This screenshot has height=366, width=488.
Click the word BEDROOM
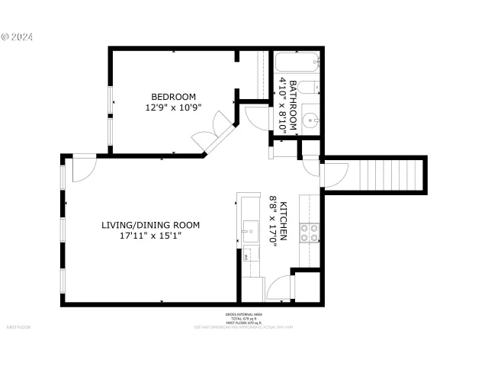(x=173, y=96)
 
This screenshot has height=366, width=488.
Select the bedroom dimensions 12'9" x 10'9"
(x=173, y=108)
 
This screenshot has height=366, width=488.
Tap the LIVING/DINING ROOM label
(x=150, y=225)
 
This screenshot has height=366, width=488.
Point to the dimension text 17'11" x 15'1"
(x=150, y=236)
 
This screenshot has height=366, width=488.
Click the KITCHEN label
(x=283, y=222)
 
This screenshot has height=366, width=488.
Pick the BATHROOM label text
(x=292, y=106)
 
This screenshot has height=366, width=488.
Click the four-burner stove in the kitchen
(x=310, y=232)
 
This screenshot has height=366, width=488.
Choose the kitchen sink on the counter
(x=249, y=230)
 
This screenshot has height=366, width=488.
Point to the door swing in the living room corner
(x=82, y=169)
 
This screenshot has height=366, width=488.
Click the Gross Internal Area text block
(x=243, y=318)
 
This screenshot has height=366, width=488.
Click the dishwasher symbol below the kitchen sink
(x=247, y=257)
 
